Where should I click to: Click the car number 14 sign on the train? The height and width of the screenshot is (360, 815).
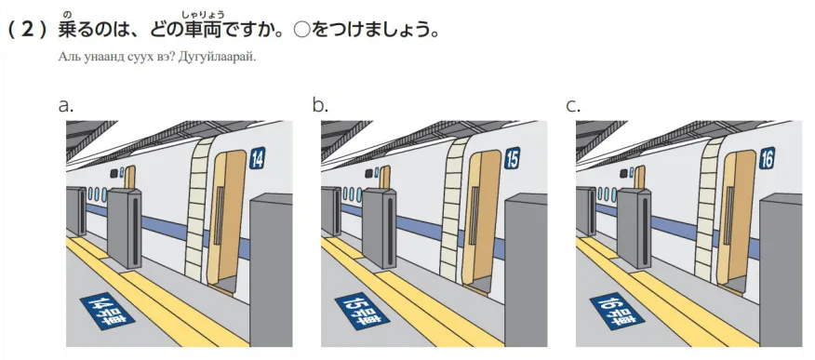[258, 158]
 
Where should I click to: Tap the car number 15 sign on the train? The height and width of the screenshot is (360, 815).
[512, 158]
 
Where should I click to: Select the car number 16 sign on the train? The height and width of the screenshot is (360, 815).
[767, 158]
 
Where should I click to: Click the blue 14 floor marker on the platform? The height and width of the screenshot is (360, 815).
[107, 312]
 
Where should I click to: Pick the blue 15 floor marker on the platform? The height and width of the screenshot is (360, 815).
[362, 312]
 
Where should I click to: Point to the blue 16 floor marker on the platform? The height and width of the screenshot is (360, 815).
[617, 312]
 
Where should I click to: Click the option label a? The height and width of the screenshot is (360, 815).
[66, 105]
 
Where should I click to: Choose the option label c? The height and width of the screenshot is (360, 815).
[573, 105]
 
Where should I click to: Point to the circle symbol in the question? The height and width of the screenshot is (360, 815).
[301, 30]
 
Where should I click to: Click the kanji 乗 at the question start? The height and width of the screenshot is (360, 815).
[68, 30]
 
